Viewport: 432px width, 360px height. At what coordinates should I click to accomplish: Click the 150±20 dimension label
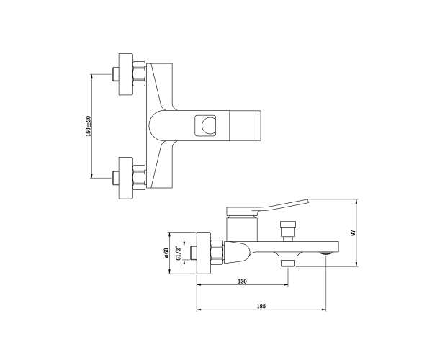(x=88, y=126)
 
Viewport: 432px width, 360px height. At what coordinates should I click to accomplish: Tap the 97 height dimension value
(x=353, y=233)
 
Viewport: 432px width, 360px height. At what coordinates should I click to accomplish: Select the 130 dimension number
(x=242, y=282)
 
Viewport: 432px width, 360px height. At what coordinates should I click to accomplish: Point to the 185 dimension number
(x=261, y=306)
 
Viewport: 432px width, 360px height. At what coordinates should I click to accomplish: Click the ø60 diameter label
(x=166, y=253)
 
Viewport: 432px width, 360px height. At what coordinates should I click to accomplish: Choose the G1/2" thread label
(x=179, y=253)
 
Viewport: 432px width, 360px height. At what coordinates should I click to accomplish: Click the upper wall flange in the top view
(x=126, y=74)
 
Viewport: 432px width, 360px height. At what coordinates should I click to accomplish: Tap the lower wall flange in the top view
(x=126, y=178)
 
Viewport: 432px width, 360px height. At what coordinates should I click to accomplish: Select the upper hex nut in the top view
(x=139, y=74)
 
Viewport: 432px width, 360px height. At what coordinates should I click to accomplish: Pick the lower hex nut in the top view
(x=139, y=178)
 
